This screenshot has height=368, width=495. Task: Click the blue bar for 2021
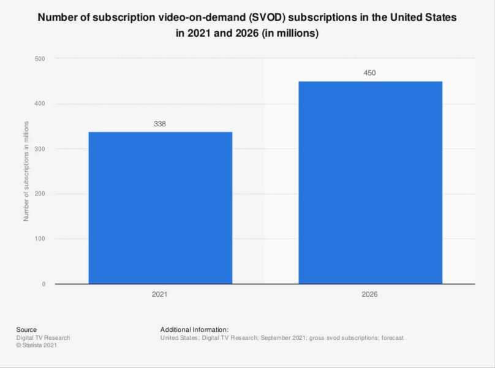pos(160,208)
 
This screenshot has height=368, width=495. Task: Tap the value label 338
pos(160,124)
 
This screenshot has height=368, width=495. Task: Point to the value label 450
pos(370,73)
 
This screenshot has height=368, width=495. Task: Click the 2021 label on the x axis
pos(160,294)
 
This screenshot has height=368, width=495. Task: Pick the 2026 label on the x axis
pos(370,294)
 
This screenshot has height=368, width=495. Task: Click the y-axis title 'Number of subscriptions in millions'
pos(26,171)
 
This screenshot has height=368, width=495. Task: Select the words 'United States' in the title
pos(423,18)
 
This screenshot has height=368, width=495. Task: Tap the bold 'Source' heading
pos(26,330)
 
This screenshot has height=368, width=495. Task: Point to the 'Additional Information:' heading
pos(194,330)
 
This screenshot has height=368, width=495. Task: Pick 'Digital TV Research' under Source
pos(43,338)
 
